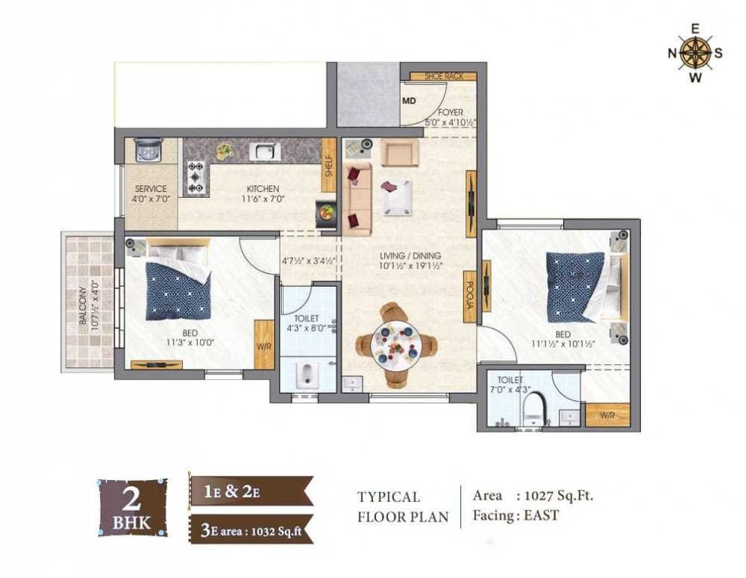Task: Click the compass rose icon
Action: coord(696,53)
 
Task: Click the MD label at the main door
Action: coord(409,100)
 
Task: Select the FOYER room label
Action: coord(450,113)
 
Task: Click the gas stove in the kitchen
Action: coord(197,178)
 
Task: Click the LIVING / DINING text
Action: coord(411,255)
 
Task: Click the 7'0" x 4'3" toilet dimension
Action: coord(509,390)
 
